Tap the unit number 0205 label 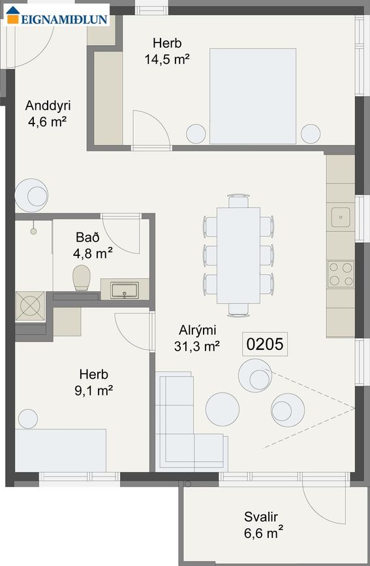coord(266,344)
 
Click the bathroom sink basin coord(124,289)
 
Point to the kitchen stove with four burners coord(340,274)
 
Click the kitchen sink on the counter coord(340,215)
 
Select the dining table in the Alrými coord(238,255)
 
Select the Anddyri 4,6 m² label coord(48,112)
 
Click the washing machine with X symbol coord(30,306)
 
